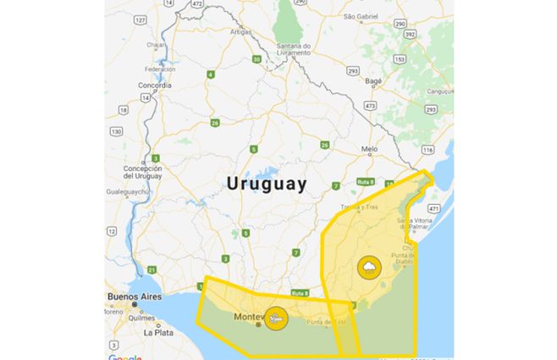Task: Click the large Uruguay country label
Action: (266, 183)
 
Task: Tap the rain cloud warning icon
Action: (369, 268)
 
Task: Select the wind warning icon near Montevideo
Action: (275, 318)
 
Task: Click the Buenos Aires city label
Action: (134, 296)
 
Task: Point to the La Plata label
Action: (158, 332)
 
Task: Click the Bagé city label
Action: (374, 81)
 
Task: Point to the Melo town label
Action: (369, 148)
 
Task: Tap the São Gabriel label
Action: (361, 16)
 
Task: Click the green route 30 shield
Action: (256, 59)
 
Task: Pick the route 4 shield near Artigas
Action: (210, 75)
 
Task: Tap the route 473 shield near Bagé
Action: (370, 105)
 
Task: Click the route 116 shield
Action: (427, 149)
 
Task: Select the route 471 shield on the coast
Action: (434, 208)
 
